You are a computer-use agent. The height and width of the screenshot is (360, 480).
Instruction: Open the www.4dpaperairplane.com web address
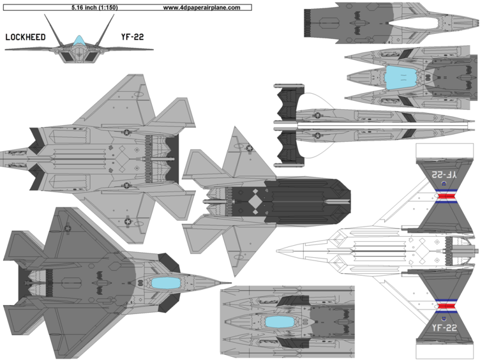coord(201,8)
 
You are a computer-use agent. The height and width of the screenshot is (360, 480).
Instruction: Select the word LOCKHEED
coord(25,37)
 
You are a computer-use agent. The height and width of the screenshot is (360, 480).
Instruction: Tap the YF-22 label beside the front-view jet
coord(132,37)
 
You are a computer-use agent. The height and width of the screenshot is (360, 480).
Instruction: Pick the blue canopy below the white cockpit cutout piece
coord(400,77)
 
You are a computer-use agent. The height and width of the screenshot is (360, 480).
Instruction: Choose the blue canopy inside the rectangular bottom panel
coord(276,323)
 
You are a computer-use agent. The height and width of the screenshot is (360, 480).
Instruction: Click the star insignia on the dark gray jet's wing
coord(66,227)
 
